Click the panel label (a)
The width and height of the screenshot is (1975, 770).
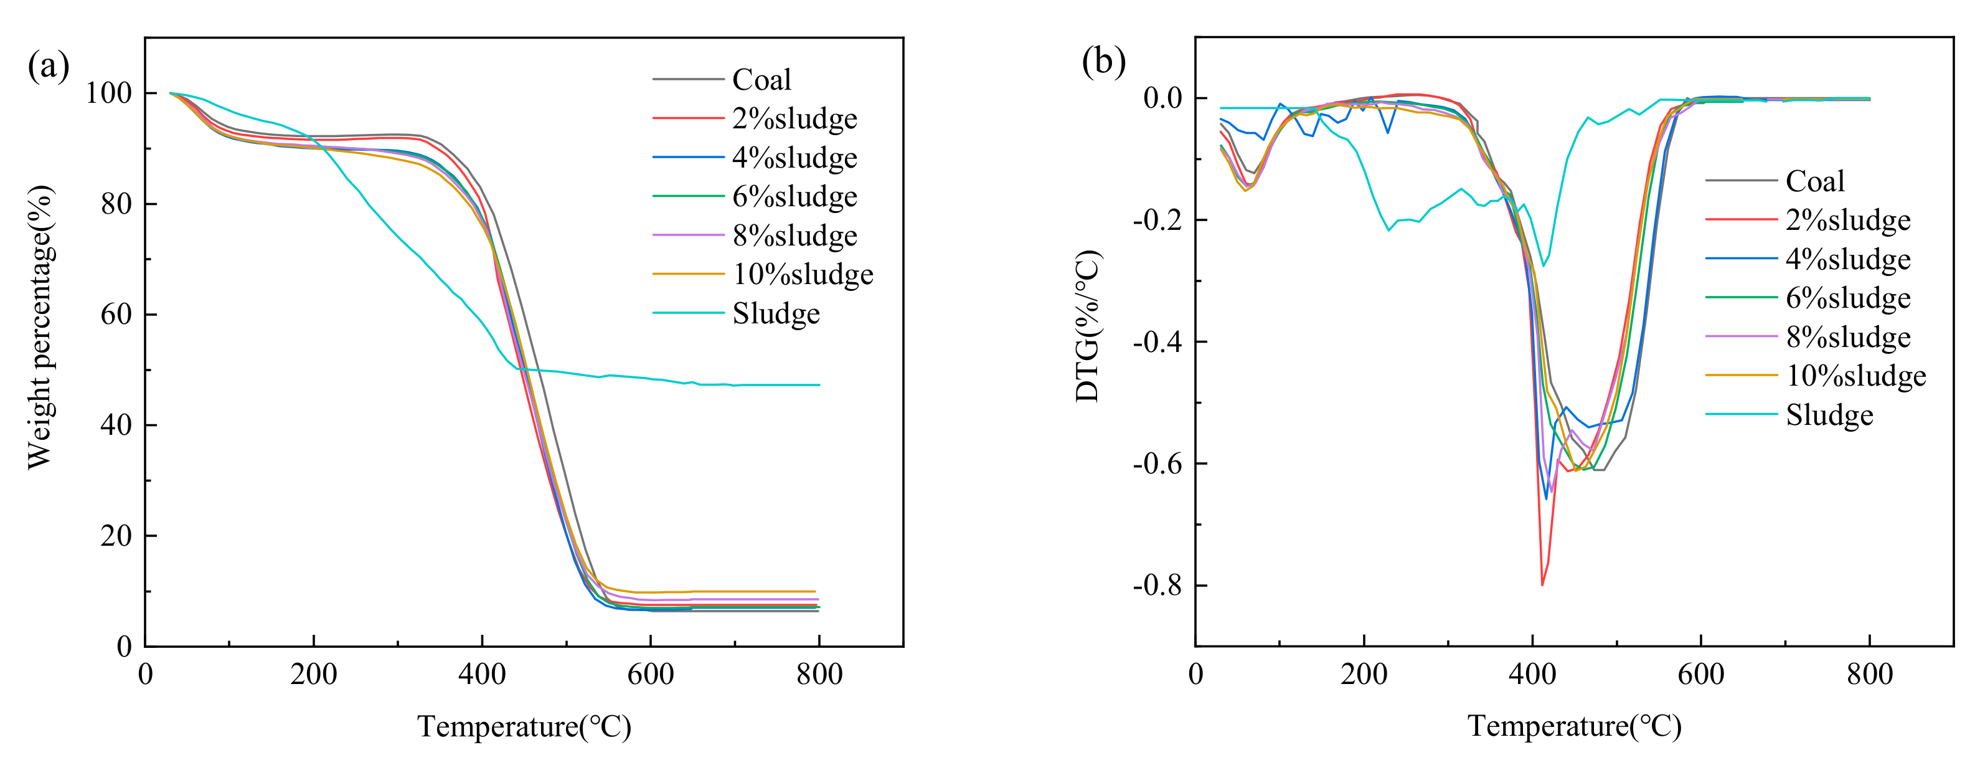(x=49, y=66)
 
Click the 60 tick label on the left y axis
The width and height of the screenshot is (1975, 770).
(x=116, y=315)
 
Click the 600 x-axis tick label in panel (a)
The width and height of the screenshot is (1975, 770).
(x=650, y=675)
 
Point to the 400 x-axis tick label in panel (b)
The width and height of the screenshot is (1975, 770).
(x=1532, y=675)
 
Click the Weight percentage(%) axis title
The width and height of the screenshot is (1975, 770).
(x=40, y=328)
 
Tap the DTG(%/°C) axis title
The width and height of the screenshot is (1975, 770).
(x=1088, y=326)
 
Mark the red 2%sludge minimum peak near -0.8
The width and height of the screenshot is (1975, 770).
(x=1542, y=584)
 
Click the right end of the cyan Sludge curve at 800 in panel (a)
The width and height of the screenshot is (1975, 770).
(x=819, y=385)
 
